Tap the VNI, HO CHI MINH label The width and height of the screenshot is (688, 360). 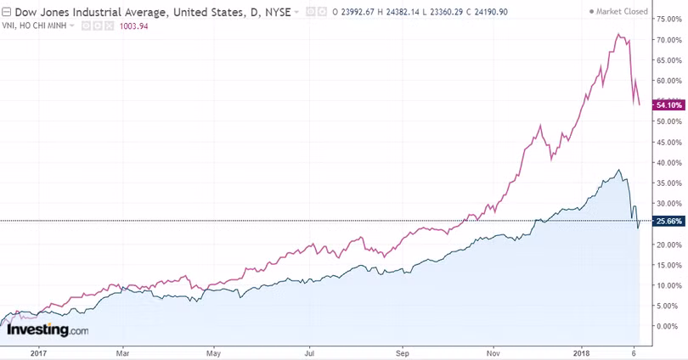click(x=37, y=25)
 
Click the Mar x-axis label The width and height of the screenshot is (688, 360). click(x=123, y=352)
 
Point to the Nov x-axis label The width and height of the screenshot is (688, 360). click(x=493, y=352)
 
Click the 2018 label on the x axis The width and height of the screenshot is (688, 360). click(x=582, y=352)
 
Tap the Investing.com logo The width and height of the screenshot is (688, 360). click(x=48, y=330)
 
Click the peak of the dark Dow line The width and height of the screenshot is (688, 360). click(x=619, y=171)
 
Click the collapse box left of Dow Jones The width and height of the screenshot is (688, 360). click(x=6, y=11)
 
